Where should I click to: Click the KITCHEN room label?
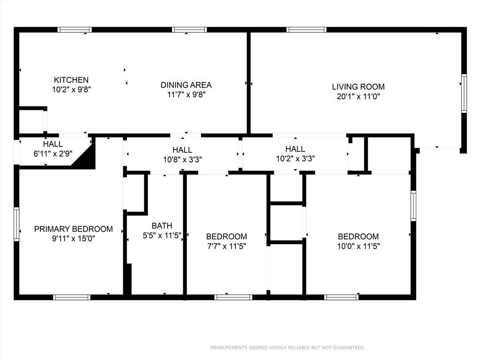tap(71, 80)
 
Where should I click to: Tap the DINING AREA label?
tap(186, 85)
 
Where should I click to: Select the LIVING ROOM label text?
tap(358, 87)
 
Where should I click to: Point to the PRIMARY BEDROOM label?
tap(74, 229)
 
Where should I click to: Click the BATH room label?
tap(162, 225)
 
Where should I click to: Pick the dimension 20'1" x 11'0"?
tap(358, 97)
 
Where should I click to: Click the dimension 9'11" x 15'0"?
tap(74, 239)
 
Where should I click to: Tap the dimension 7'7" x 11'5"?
tap(226, 246)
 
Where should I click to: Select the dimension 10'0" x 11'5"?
tap(359, 246)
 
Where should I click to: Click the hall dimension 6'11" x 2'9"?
tap(53, 153)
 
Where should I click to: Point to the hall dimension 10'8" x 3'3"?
tap(182, 159)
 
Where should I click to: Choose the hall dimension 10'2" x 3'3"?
tap(295, 158)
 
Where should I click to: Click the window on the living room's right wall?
tap(464, 93)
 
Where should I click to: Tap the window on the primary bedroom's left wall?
tap(16, 224)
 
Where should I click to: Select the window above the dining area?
tap(189, 30)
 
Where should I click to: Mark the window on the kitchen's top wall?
tap(75, 30)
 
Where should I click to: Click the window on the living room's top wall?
tap(307, 30)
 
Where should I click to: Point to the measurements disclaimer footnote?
tap(287, 347)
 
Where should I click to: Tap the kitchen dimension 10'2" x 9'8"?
tap(72, 90)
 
